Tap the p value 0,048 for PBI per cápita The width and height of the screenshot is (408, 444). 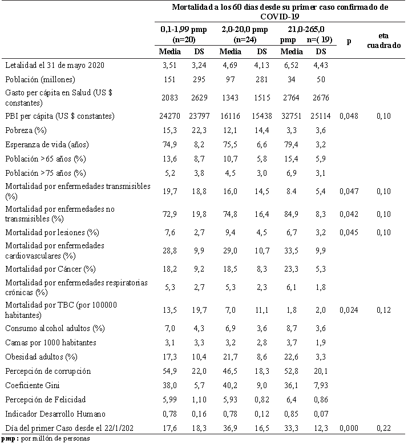[349, 116]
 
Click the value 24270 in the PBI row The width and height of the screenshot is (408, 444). [169, 116]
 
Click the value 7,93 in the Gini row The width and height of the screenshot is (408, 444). [319, 385]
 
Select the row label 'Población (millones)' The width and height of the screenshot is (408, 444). [39, 79]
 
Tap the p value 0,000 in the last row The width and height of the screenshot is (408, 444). [349, 427]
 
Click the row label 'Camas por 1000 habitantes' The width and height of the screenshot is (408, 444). [50, 342]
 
